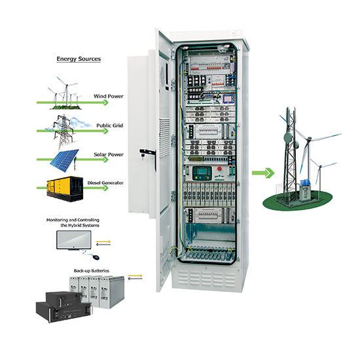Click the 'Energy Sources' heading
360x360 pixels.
79,59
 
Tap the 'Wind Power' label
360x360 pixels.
109,96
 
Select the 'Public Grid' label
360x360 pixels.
109,126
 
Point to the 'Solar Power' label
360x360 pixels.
109,154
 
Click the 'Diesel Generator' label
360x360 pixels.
105,183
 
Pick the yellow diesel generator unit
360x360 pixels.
65,189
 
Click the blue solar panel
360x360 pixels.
65,160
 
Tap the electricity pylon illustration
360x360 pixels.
63,132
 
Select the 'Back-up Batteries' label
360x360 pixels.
92,271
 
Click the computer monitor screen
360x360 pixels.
74,240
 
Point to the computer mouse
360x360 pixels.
96,257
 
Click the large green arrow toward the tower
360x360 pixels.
263,173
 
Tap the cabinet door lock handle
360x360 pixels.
147,152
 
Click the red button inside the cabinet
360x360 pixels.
219,169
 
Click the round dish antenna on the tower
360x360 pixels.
288,137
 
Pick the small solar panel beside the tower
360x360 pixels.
306,183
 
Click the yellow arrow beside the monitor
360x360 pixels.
103,242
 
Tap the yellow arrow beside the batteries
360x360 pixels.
135,276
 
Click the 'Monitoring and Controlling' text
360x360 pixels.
73,220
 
